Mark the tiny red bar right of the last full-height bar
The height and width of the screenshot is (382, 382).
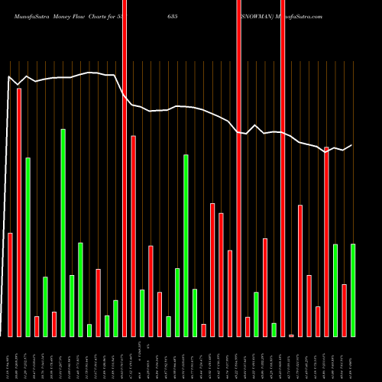291,335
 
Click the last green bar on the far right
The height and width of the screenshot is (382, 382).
352,290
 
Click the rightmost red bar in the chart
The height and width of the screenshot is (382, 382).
344,310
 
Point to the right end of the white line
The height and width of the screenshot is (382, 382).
352,145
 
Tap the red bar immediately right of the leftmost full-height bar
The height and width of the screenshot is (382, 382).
133,236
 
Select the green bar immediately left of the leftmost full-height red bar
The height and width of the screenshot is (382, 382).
115,318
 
